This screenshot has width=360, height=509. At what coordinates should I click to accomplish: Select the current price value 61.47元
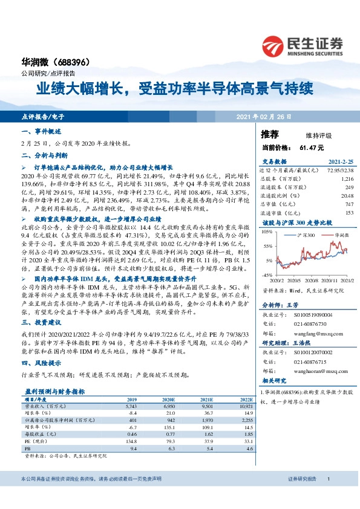tap(312, 148)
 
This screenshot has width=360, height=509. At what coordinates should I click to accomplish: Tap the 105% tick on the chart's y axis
tap(266, 232)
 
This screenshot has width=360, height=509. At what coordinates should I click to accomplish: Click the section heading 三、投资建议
tap(38, 324)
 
